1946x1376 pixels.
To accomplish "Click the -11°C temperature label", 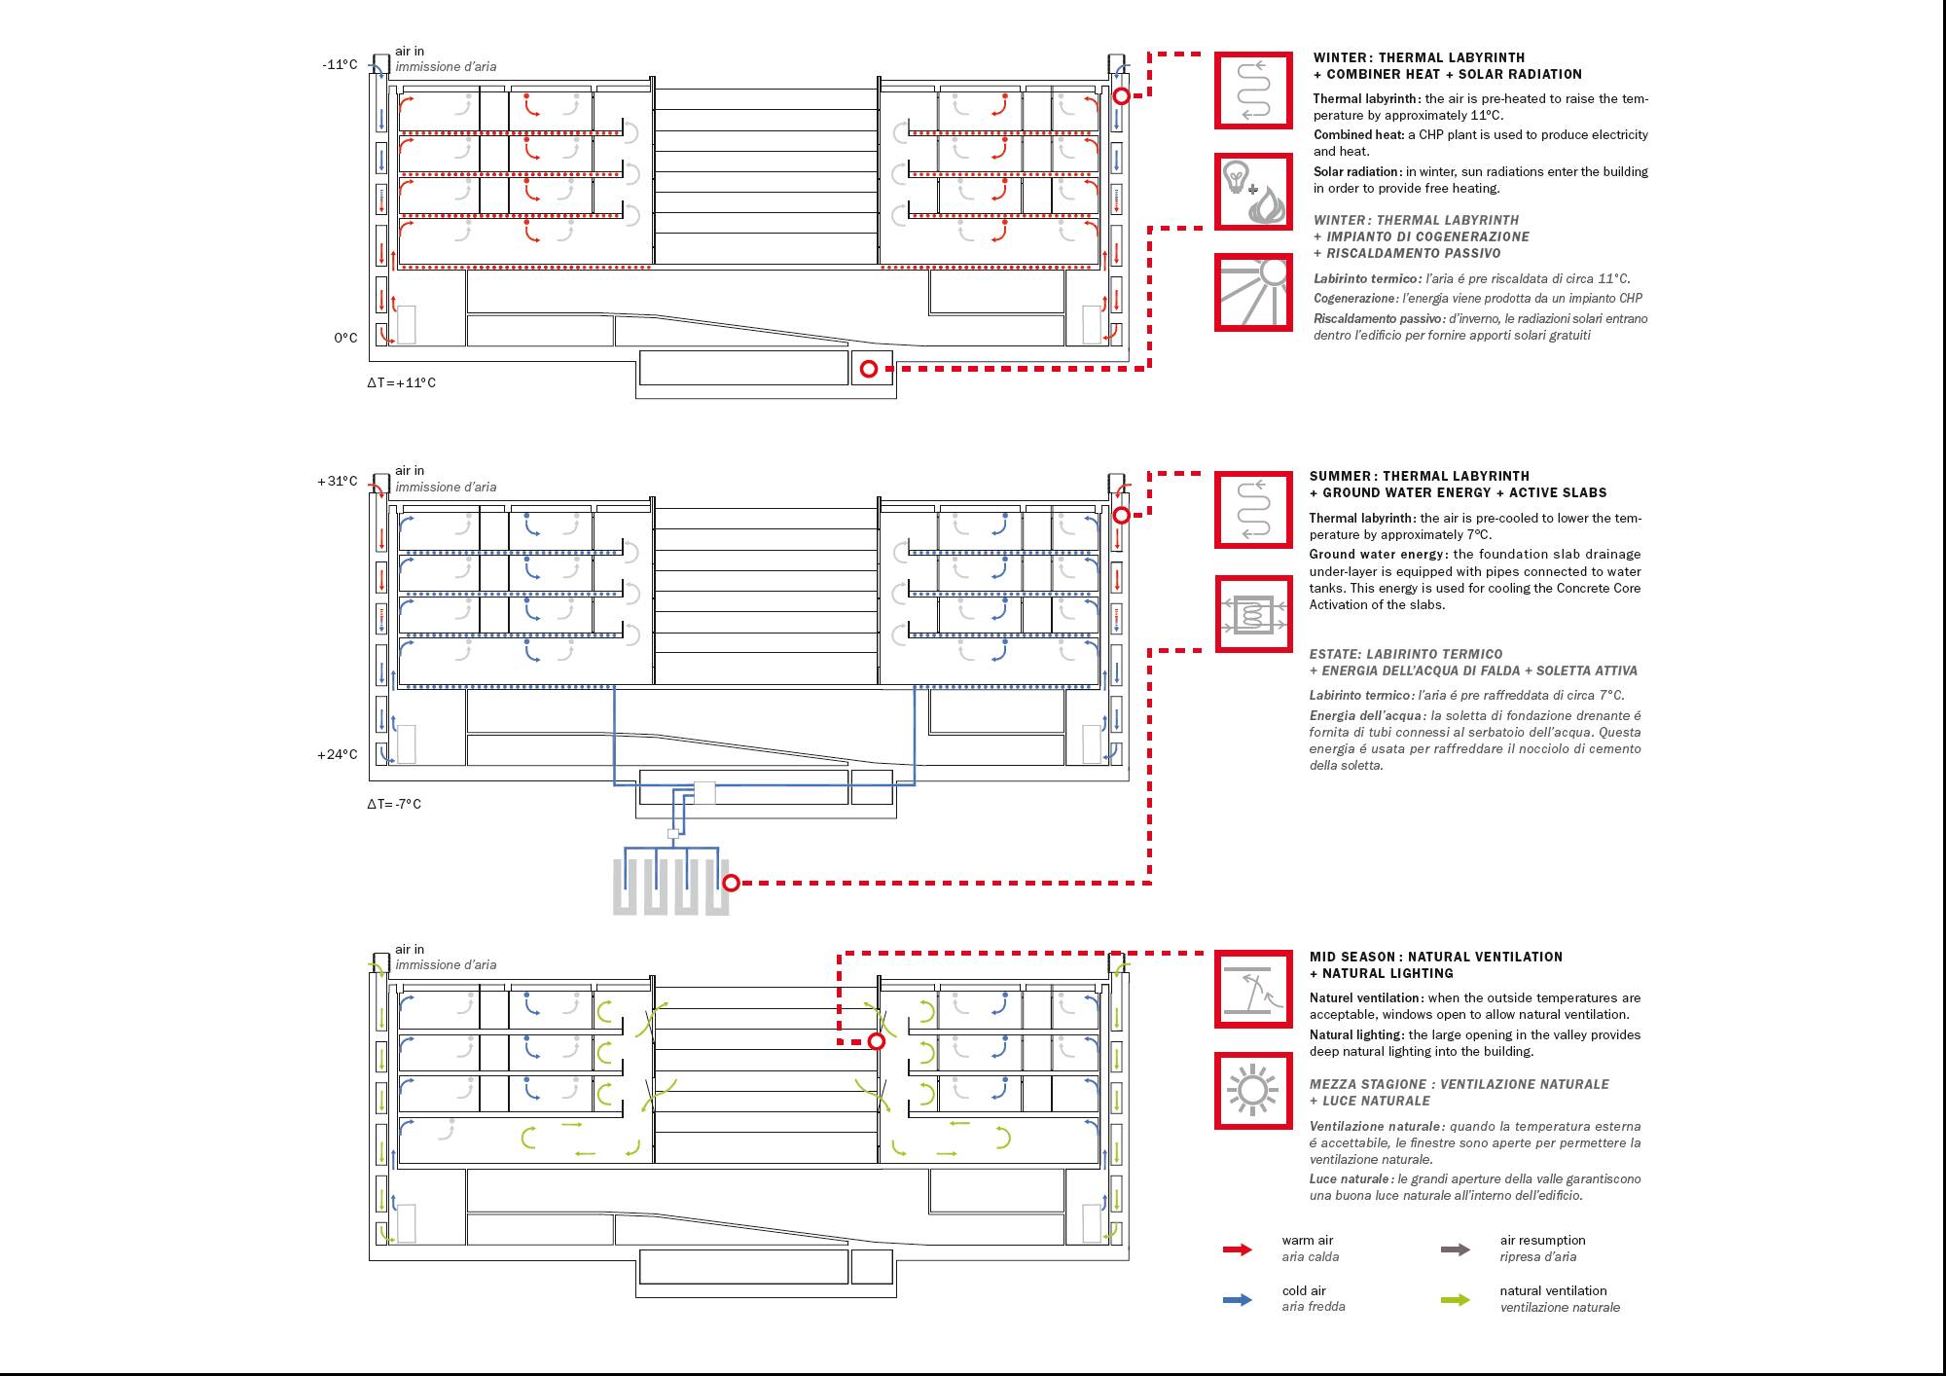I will coord(340,65).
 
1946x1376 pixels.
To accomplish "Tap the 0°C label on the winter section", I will coord(345,338).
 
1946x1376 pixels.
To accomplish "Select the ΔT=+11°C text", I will coord(401,382).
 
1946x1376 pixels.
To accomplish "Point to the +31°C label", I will coord(338,481).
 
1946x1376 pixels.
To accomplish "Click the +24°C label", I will coord(338,754).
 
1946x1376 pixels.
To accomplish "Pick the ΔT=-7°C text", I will coord(394,804).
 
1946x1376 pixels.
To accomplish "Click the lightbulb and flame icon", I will coord(1253,192).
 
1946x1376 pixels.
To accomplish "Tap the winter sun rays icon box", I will coord(1253,292).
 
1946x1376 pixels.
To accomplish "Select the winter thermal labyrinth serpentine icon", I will coord(1253,91).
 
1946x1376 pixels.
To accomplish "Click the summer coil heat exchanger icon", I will coord(1253,614).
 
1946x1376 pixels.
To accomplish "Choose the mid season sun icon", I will coord(1253,1090).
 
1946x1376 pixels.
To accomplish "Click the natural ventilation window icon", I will coord(1253,990).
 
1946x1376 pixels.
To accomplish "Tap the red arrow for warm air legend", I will coord(1238,1249).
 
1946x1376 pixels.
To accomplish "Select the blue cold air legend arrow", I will coord(1238,1299).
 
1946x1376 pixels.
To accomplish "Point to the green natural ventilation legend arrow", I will coord(1456,1299).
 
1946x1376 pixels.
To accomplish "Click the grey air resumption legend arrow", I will coord(1456,1249).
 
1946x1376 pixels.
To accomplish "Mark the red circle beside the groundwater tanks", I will coord(732,883).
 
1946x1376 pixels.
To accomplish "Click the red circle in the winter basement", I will coord(869,369).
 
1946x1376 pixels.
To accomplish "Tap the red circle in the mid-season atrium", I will coord(877,1041).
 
